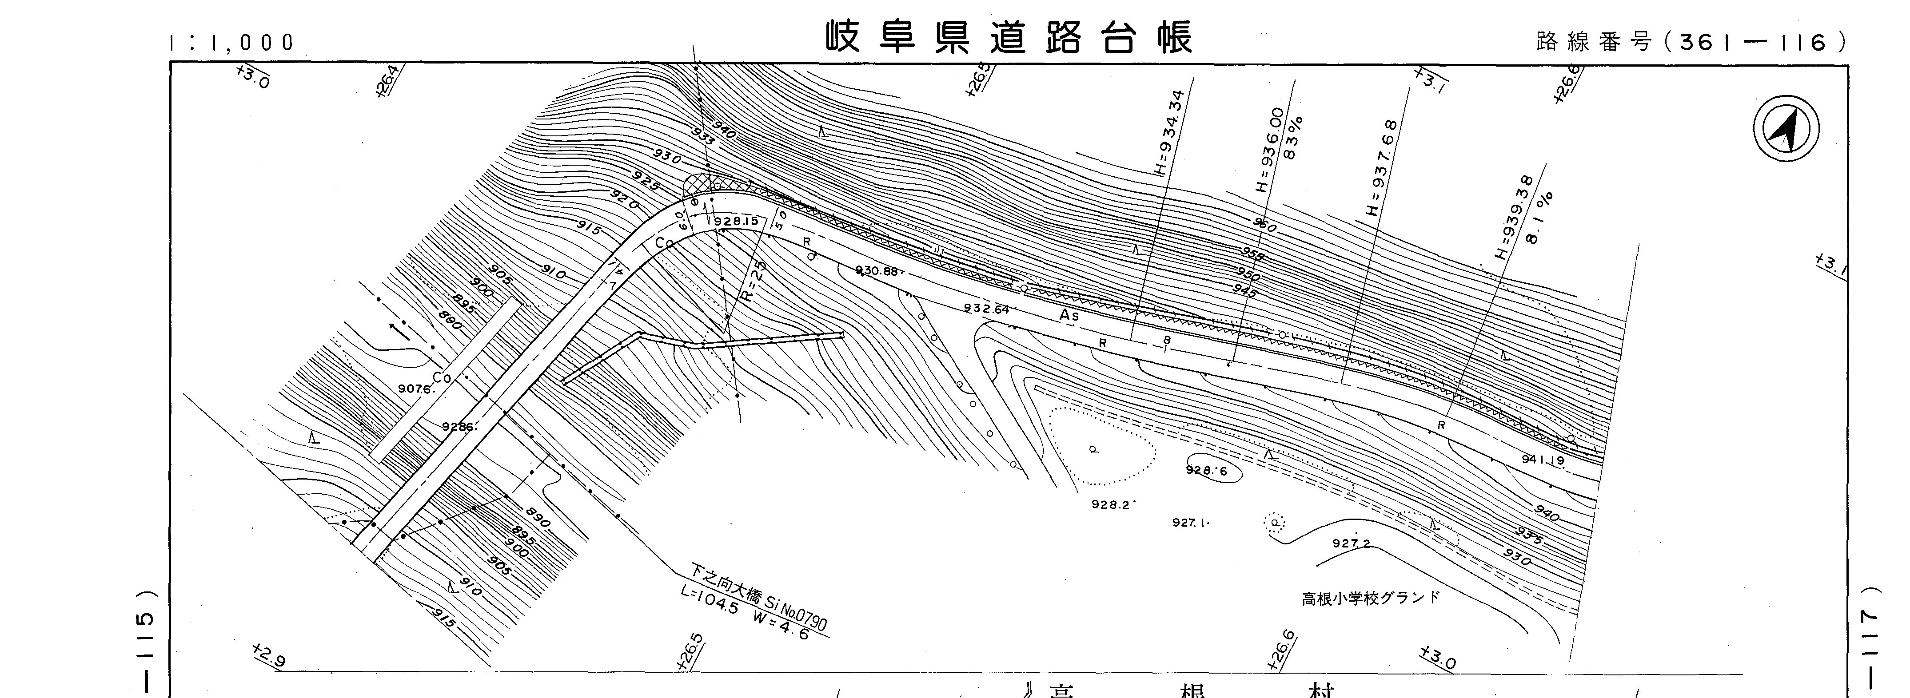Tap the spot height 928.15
tap(736, 221)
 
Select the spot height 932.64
tap(986, 309)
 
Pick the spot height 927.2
tap(1351, 543)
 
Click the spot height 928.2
tap(1110, 504)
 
